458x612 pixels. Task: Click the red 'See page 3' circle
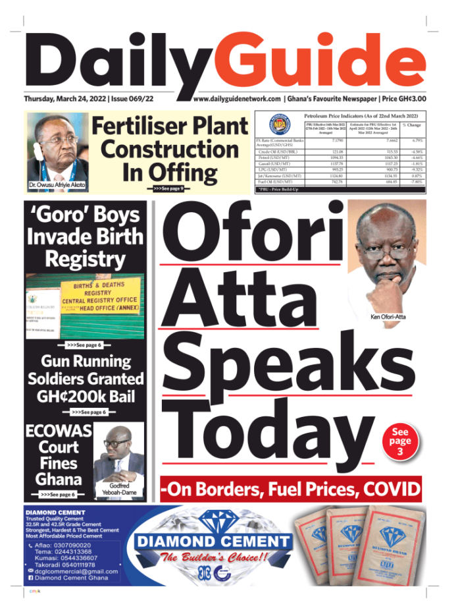[x=400, y=441]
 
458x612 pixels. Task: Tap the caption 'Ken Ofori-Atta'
[x=390, y=318]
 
